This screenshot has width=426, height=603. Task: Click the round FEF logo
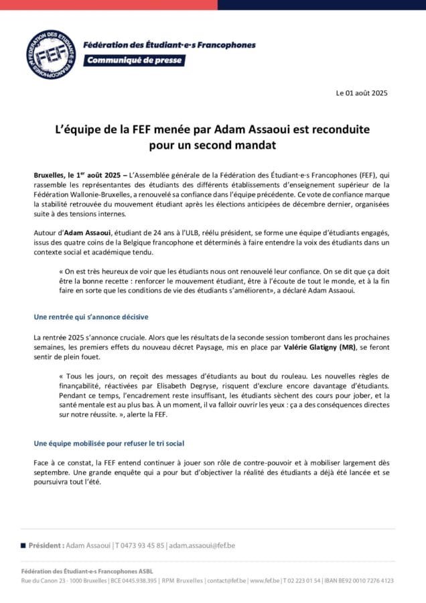click(x=51, y=54)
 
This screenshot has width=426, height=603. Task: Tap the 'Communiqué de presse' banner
click(x=133, y=60)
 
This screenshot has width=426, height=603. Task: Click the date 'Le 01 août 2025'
click(x=362, y=93)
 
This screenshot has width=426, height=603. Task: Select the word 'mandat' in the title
click(x=253, y=143)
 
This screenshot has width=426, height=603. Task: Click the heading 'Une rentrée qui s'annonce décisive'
click(x=91, y=316)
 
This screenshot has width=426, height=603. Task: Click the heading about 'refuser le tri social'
click(x=109, y=444)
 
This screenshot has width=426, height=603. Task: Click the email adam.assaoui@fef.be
click(x=202, y=545)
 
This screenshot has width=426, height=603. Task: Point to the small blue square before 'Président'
click(x=23, y=545)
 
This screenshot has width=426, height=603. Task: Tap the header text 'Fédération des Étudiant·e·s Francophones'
click(x=169, y=45)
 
